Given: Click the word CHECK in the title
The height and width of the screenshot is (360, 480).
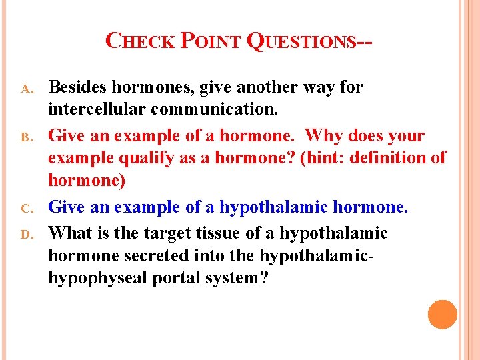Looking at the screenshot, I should click(x=141, y=42).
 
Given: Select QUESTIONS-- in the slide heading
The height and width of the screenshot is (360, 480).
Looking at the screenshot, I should click(x=309, y=42).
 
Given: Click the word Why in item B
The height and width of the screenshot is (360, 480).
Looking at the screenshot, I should click(x=321, y=136).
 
